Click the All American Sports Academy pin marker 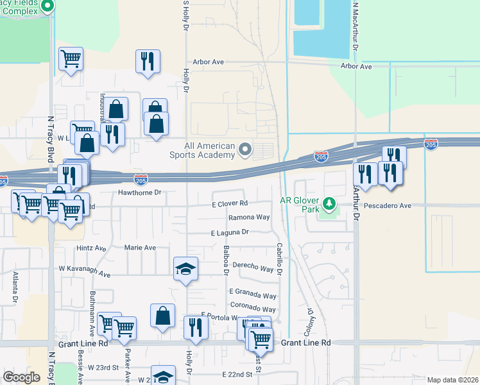pos(244,150)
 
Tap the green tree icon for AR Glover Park pos(330,204)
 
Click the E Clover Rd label pos(230,203)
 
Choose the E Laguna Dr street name pos(230,232)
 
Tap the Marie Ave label pos(140,248)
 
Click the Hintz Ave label pos(91,248)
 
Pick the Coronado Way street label pos(253,309)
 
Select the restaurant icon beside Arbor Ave pos(148,61)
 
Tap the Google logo pos(21,377)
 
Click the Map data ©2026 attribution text pos(452,380)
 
